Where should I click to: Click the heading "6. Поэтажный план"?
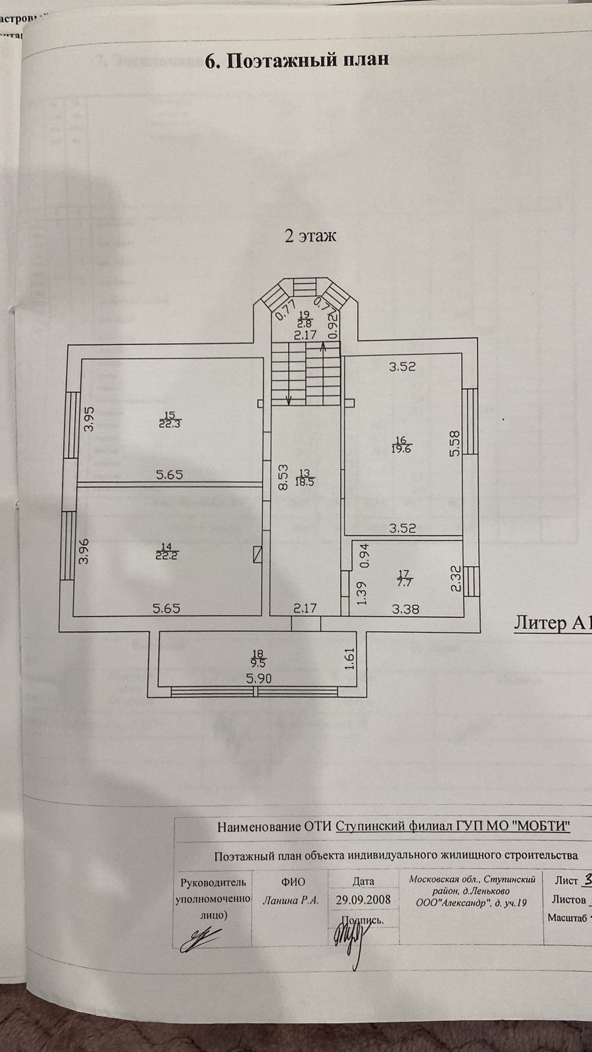point(297,60)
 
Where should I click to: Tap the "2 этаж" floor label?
point(310,235)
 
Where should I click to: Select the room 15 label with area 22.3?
point(170,419)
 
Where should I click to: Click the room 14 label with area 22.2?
point(169,550)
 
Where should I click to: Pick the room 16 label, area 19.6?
point(402,444)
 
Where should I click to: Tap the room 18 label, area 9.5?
point(258,658)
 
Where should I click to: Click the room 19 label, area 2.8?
point(303,320)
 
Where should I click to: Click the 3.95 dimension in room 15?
point(90,419)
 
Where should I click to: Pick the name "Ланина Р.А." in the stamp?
point(291,900)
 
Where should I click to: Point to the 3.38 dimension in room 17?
point(406,609)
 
